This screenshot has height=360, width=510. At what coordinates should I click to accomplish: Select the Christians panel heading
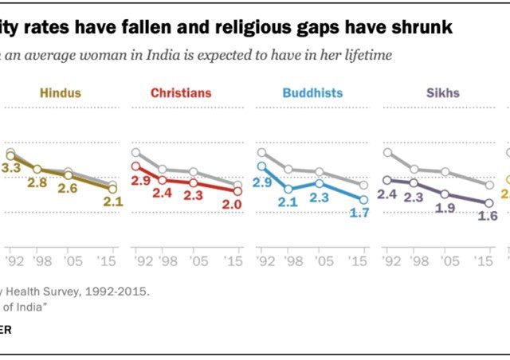(x=182, y=93)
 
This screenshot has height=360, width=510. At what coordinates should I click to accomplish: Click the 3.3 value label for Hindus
(x=11, y=168)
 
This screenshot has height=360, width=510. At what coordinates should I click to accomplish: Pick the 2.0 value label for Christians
(x=233, y=205)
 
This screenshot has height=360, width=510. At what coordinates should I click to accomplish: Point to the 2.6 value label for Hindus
(x=67, y=188)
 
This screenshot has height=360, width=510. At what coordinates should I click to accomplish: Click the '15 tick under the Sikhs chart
(x=490, y=262)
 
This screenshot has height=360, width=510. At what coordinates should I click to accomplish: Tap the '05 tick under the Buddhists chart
(x=320, y=262)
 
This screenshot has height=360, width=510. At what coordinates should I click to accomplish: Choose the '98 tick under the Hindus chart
(x=36, y=262)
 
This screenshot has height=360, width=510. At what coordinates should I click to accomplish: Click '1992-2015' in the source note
(x=120, y=292)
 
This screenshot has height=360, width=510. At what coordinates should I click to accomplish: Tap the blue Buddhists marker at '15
(x=363, y=200)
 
